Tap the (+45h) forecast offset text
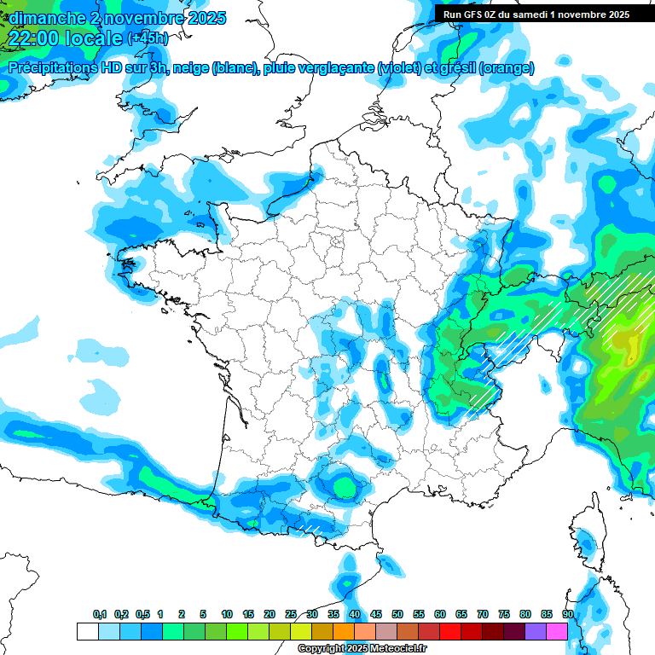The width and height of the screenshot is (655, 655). tap(147, 38)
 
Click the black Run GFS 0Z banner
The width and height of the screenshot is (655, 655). tap(536, 14)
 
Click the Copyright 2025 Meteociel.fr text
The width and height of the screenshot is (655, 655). tap(363, 648)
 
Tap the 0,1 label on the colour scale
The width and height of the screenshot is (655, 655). tap(100, 615)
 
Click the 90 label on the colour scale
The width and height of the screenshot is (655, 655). tap(567, 615)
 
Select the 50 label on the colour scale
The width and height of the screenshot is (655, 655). tap(397, 615)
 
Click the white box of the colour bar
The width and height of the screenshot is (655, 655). tap(87, 631)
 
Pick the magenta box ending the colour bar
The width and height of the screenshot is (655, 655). tap(556, 631)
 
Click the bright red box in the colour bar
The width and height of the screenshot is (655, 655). tap(449, 631)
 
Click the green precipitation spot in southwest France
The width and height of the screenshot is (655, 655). tap(345, 486)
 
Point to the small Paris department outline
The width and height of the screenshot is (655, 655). tap(335, 240)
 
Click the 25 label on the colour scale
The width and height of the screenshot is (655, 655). tap(291, 615)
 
